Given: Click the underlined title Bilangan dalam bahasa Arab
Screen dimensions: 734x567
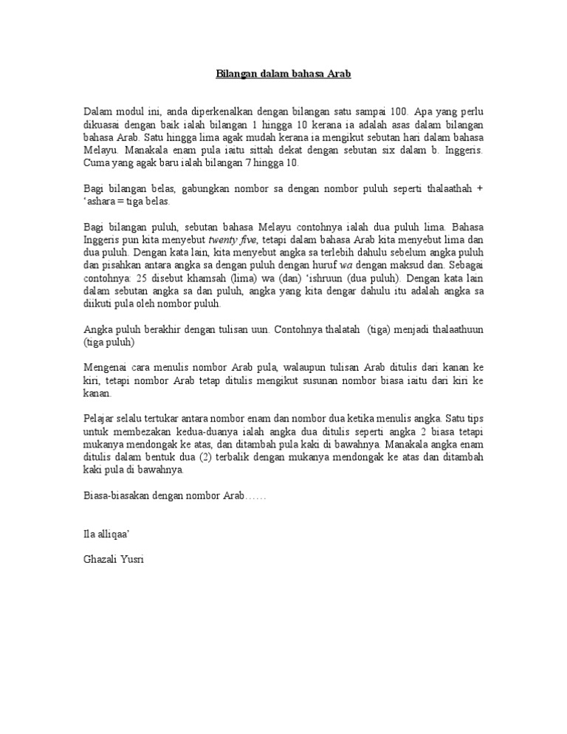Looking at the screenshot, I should (283, 74).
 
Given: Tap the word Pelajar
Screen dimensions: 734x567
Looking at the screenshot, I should (101, 419).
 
